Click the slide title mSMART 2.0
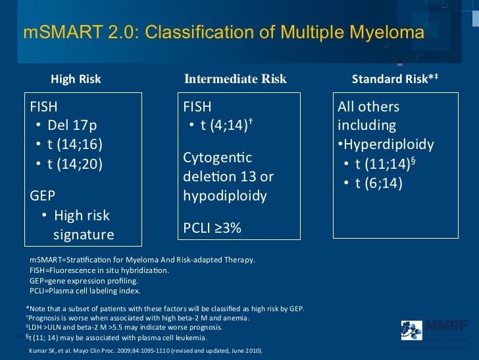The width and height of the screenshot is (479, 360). tap(223, 32)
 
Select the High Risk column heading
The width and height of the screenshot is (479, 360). tap(76, 79)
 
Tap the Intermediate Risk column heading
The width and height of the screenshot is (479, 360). tap(236, 79)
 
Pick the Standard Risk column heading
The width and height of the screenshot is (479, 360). tap(395, 79)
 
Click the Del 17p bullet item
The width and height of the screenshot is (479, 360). tap(71, 125)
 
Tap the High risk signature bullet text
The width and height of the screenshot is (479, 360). tap(82, 225)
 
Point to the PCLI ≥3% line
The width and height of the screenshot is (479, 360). tap(212, 228)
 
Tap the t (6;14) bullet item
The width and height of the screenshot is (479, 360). tap(378, 183)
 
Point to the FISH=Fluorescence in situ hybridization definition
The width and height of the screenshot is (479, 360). tap(99, 270)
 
